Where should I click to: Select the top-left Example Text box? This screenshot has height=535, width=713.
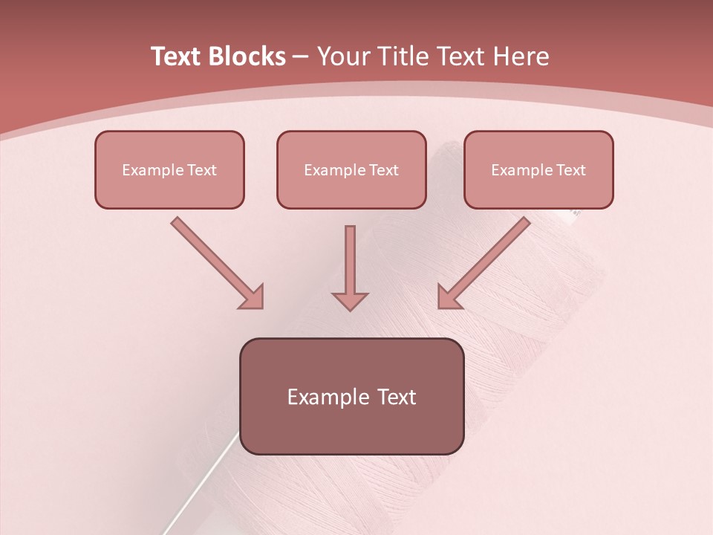169,169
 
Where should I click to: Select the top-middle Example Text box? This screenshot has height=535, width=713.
351,169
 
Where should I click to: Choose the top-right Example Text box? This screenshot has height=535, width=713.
538,169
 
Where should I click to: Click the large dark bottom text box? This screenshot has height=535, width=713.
351,396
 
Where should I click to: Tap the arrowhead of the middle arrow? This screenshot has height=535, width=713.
350,300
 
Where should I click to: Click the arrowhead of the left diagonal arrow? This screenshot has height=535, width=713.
253,297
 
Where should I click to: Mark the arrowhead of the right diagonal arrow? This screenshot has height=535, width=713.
449,297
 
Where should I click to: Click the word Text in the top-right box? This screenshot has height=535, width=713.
570,170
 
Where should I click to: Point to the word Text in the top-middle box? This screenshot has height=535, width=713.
383,170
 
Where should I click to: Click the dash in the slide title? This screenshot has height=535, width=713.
301,57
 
